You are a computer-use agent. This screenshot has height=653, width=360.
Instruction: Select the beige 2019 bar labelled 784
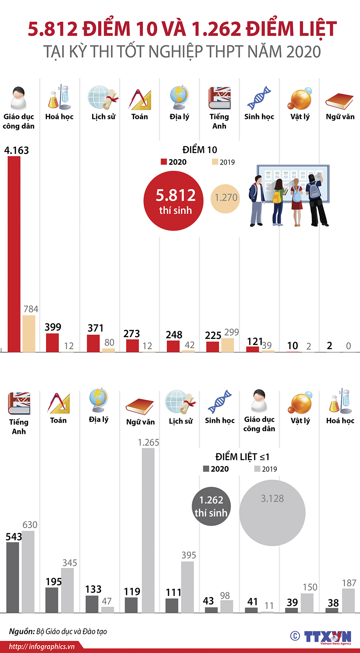[x=29, y=333]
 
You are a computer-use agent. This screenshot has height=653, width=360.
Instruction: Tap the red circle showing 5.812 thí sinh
[x=173, y=201]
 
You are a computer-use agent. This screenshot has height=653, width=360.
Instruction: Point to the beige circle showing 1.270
[x=225, y=198]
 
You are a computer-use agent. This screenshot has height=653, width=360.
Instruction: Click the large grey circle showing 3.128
[x=272, y=513]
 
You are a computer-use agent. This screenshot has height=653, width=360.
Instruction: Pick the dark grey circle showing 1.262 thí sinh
[x=211, y=506]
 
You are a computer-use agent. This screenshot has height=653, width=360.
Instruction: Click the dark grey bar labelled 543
[x=13, y=577]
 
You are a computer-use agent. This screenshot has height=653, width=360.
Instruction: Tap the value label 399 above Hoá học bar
[x=53, y=327]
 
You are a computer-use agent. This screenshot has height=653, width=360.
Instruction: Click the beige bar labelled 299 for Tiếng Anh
[x=227, y=345]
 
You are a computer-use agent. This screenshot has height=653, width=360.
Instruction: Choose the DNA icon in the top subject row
[x=259, y=98]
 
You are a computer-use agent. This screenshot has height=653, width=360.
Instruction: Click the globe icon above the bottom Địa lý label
[x=98, y=400]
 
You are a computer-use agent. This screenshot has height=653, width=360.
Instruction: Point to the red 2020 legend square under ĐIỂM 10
[x=164, y=162]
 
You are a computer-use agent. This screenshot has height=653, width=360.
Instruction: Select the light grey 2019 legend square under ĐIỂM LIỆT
[x=257, y=469]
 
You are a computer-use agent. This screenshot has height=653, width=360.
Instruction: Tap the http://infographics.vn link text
[x=42, y=646]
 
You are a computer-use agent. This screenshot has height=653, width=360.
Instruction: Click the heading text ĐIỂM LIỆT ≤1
[x=242, y=457]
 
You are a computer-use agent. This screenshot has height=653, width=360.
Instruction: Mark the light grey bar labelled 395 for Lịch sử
[x=187, y=587]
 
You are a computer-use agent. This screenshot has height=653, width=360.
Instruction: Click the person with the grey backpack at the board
[x=316, y=200]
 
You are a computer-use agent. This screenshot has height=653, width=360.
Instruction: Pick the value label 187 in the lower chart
[x=349, y=583]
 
